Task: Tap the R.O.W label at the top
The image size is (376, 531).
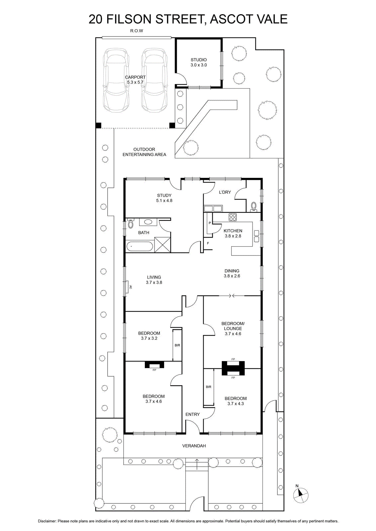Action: point(137,31)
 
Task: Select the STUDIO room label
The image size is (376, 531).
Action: point(199,60)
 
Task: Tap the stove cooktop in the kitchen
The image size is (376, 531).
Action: point(233,217)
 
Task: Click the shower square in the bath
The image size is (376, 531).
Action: point(162,244)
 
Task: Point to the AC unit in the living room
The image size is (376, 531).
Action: point(128,287)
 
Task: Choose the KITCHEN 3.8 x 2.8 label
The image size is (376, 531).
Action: point(233,233)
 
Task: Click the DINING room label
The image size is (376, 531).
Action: point(232,271)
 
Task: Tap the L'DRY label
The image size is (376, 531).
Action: point(225,192)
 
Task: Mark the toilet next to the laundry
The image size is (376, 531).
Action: point(253,206)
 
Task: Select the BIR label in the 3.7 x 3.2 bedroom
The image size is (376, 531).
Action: point(177,345)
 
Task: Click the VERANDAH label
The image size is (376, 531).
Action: point(194,446)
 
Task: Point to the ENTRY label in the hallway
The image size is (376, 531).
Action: point(193,415)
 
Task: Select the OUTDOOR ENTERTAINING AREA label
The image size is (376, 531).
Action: point(144,152)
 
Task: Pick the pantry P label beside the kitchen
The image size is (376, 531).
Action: point(210,223)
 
